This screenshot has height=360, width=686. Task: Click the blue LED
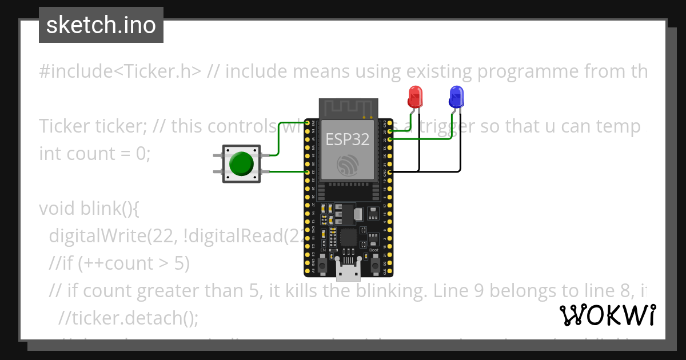[456, 96]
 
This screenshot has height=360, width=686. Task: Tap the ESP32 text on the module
[347, 139]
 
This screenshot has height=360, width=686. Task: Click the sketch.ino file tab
[101, 25]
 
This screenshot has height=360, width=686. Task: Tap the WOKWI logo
[607, 315]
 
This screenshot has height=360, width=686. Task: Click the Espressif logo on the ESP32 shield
[348, 165]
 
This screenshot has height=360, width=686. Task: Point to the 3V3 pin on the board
[308, 123]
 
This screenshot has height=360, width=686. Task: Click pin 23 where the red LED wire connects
[390, 131]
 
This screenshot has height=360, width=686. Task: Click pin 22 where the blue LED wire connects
[390, 139]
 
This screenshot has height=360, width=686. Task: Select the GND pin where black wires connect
[390, 171]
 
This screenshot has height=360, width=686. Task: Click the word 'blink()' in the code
[109, 209]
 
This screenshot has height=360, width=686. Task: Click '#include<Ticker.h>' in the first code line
[121, 71]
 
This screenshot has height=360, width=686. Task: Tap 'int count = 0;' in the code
[94, 154]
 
